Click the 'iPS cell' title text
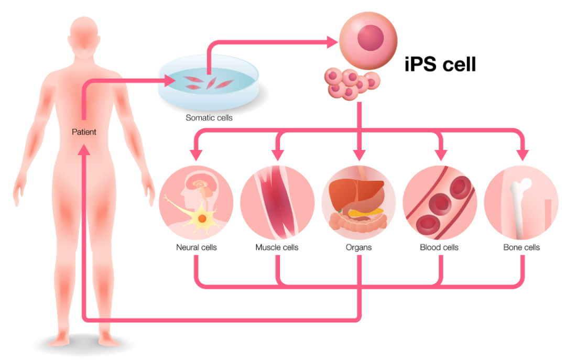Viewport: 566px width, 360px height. [440, 64]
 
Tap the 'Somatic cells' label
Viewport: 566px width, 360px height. [209, 118]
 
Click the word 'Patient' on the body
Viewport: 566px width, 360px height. [84, 132]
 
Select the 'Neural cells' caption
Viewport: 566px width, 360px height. [197, 247]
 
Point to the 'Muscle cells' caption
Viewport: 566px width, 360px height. [277, 247]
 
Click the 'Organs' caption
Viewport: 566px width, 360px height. [358, 248]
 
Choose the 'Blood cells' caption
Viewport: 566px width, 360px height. [439, 247]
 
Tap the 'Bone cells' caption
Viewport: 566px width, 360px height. [521, 247]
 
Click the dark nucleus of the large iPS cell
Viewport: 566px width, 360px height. [371, 38]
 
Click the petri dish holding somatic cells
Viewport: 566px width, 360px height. [209, 82]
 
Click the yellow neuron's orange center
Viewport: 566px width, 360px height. [202, 219]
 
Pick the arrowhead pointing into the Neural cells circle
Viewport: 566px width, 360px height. [196, 154]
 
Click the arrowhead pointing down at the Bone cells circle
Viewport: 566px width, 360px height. [523, 155]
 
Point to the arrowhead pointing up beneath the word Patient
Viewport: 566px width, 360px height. [84, 149]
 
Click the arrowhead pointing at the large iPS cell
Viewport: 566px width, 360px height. [332, 42]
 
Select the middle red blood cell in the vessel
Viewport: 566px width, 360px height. [440, 203]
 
